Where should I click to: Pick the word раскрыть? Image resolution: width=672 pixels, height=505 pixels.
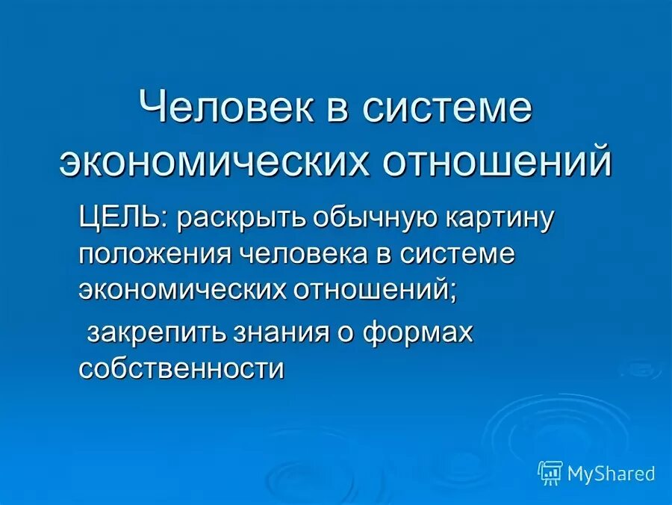tap(242, 220)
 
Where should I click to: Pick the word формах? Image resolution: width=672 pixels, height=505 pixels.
tap(418, 333)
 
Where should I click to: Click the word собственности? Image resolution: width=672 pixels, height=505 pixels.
tap(181, 368)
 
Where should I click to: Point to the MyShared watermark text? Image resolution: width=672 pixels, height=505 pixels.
tap(611, 473)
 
